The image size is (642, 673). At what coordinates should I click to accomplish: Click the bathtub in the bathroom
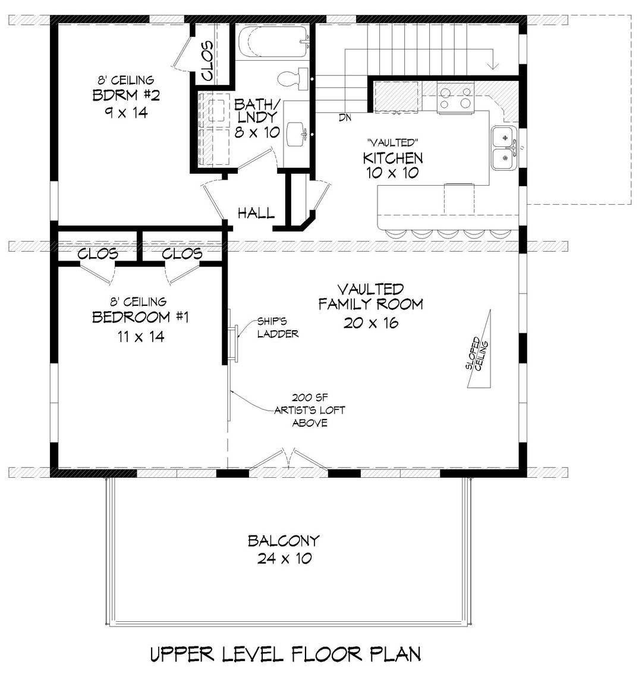(273, 42)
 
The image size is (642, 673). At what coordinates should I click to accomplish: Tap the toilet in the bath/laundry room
(292, 78)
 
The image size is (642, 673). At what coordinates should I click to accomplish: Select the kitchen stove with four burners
(455, 98)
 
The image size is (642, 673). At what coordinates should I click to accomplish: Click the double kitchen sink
(505, 148)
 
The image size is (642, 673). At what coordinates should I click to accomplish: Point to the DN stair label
(345, 117)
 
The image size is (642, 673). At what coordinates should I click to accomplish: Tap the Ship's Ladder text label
(278, 327)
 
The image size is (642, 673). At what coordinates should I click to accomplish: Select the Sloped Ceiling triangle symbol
(479, 349)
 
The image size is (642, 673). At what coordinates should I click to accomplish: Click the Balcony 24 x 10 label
(284, 549)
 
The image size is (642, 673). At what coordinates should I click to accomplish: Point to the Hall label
(256, 212)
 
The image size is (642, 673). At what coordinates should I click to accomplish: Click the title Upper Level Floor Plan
(285, 654)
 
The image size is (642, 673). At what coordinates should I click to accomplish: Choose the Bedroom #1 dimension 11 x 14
(141, 336)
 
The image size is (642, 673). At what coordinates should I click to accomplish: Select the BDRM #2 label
(126, 95)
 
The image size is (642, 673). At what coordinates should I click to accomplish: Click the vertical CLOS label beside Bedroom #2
(207, 61)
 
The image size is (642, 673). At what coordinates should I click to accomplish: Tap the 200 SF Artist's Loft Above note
(310, 410)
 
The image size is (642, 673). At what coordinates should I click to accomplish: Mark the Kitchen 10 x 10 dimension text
(392, 173)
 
